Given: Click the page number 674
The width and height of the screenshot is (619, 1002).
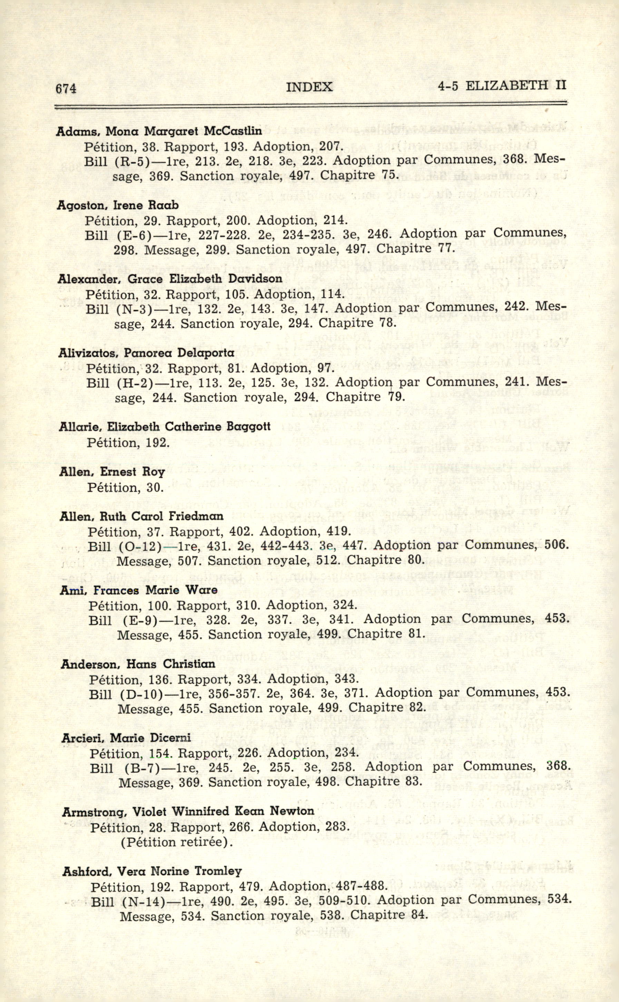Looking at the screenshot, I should tap(66, 88).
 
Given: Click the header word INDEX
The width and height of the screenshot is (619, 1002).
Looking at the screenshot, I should tap(309, 87).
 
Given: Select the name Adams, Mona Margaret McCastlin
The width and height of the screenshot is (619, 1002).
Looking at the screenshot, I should tap(159, 131).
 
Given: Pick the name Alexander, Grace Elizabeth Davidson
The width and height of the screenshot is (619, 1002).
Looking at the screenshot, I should tap(170, 279).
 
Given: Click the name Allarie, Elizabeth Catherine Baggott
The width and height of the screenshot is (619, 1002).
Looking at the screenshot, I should tap(165, 427).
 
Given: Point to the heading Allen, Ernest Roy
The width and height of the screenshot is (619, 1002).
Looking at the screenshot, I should tap(112, 472).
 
